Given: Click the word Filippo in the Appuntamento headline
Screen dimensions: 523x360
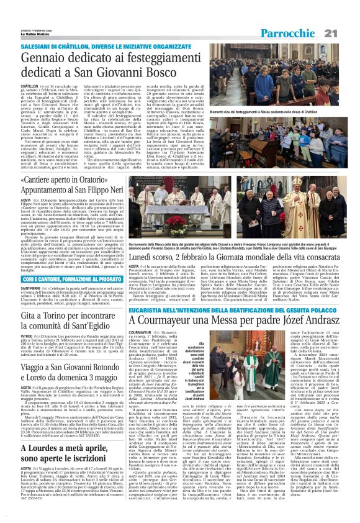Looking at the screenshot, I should tap(116, 193).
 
